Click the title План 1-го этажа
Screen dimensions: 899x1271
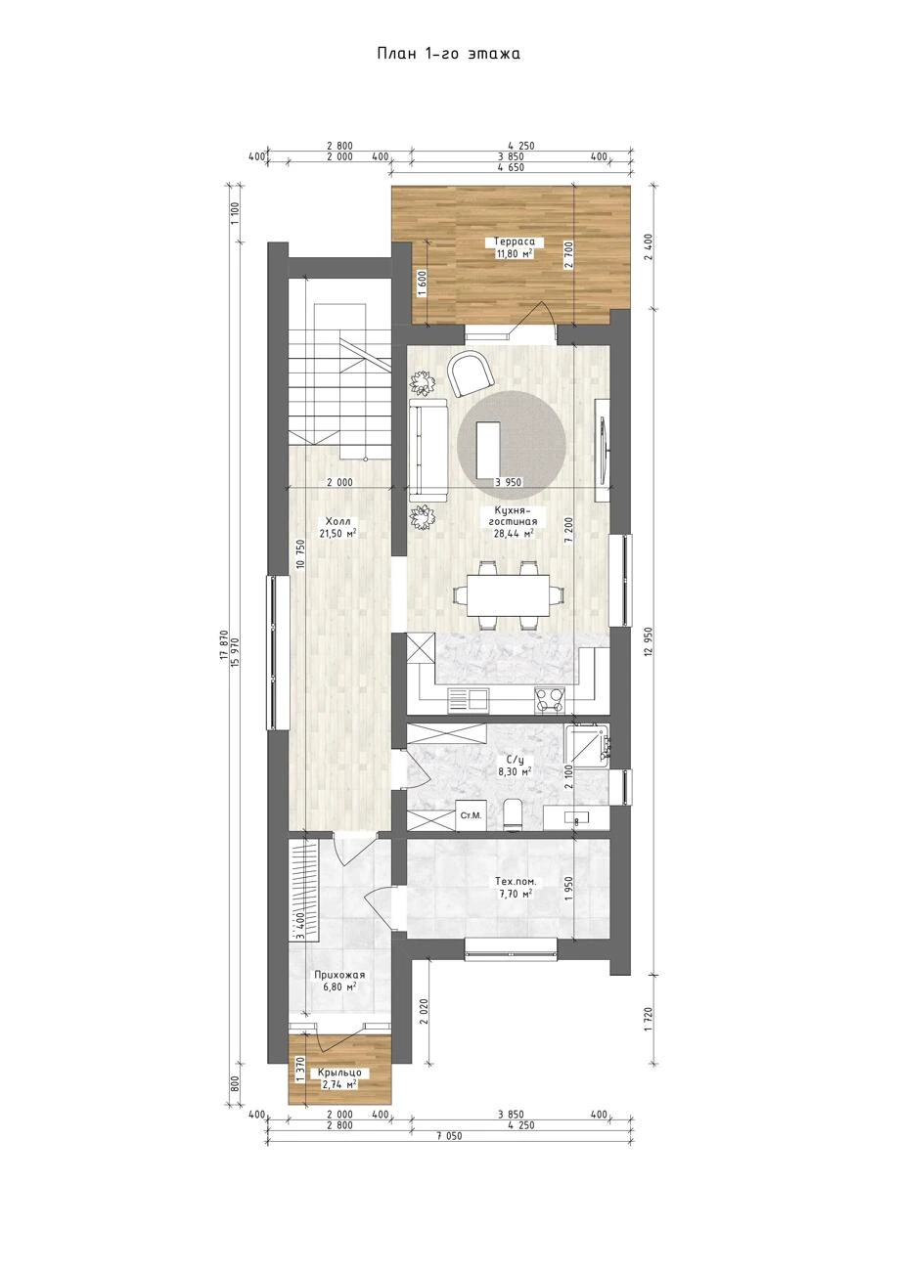(x=448, y=54)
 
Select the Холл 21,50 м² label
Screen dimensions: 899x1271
(x=338, y=527)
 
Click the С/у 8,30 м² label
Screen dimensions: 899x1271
(x=515, y=766)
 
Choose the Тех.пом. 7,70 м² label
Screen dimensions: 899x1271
(x=515, y=888)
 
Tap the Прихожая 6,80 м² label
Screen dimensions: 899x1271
(x=338, y=981)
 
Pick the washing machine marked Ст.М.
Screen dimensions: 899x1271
(x=472, y=815)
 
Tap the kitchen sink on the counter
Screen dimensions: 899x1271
(x=469, y=699)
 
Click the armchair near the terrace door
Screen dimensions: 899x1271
(x=471, y=373)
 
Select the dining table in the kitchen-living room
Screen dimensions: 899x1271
(x=509, y=595)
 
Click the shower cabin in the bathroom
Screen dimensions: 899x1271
(x=587, y=744)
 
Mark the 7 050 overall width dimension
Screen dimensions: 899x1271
(x=449, y=1135)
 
